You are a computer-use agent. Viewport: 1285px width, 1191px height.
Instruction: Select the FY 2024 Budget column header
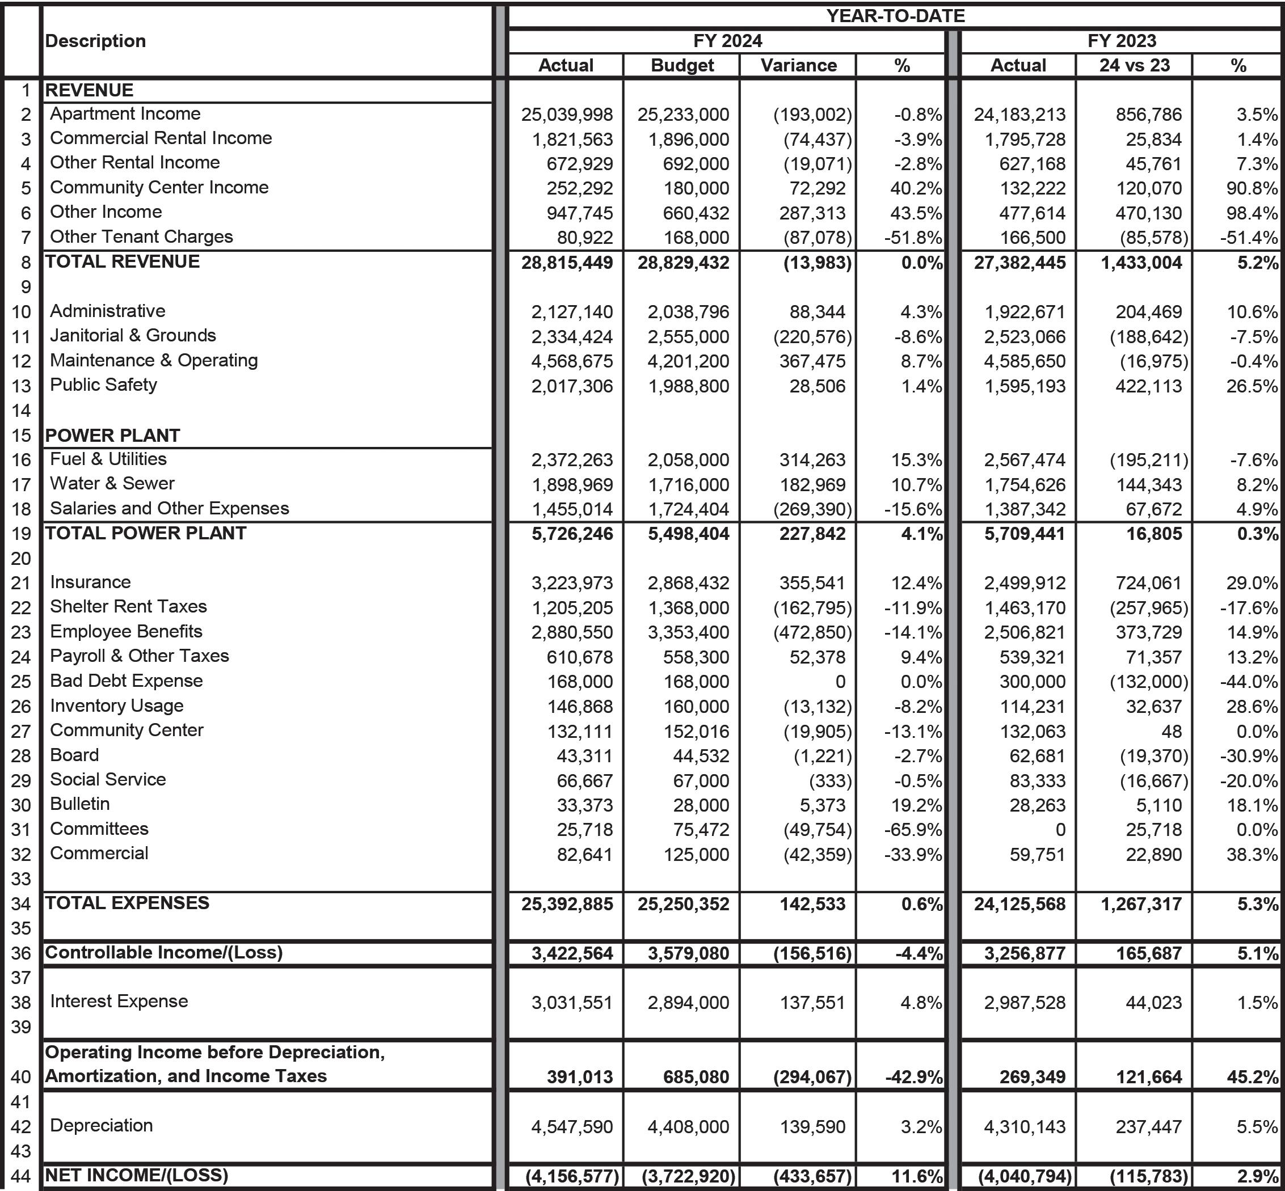(682, 65)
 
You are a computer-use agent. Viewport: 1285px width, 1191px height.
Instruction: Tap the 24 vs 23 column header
(1134, 65)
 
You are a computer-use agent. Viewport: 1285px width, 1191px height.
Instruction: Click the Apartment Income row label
(125, 113)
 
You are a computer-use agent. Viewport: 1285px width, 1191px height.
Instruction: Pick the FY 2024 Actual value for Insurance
(572, 582)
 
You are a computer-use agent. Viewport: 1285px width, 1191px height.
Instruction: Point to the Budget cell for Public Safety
(688, 386)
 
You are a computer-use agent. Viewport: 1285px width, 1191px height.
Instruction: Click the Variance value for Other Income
(812, 213)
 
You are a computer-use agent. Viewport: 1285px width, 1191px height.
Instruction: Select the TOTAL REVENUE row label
(123, 261)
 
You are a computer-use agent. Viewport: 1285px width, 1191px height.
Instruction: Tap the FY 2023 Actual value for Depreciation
(1025, 1126)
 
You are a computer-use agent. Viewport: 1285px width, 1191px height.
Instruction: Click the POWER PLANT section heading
(112, 435)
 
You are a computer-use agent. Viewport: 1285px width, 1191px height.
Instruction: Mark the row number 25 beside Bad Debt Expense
(22, 682)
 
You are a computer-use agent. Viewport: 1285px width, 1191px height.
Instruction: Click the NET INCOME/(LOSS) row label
(137, 1175)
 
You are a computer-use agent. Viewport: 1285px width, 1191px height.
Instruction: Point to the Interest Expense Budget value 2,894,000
(688, 1002)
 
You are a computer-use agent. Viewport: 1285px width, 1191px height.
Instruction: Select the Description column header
(95, 41)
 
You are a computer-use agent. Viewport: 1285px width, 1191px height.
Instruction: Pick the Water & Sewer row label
(112, 483)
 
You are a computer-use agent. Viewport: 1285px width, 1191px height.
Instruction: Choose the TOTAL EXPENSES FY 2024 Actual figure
(567, 903)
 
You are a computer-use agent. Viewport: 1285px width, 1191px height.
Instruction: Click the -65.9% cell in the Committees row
(912, 829)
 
